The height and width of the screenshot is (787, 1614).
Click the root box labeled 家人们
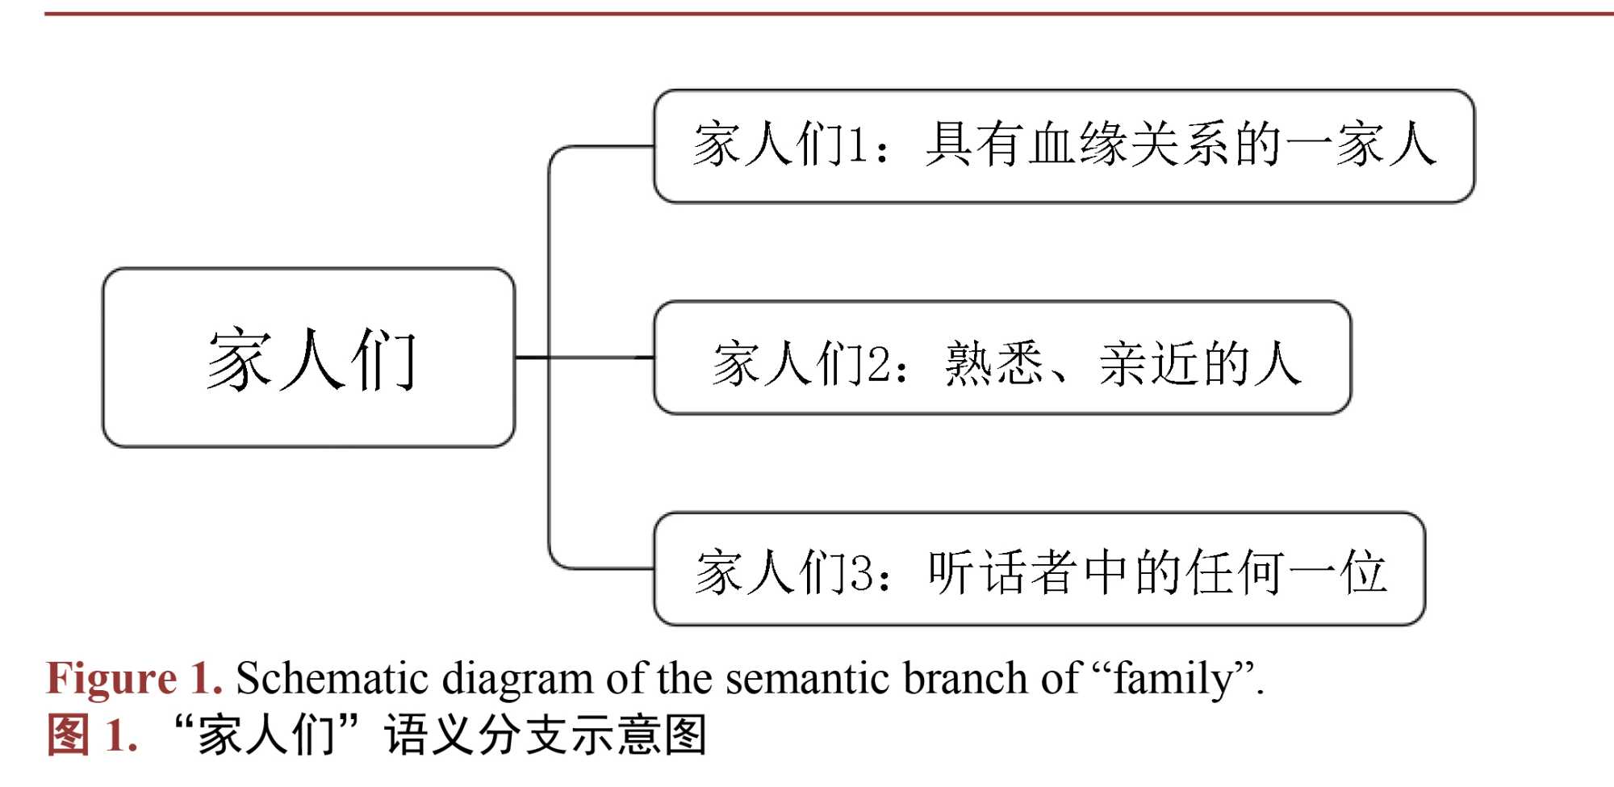click(x=308, y=358)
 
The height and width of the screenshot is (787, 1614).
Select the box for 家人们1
click(x=1064, y=146)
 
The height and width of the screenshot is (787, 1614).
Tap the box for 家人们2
click(x=1001, y=358)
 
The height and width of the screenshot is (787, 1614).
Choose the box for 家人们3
click(x=1039, y=569)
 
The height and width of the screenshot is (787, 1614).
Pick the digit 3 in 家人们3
click(x=860, y=572)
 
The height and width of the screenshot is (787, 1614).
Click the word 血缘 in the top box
click(x=1078, y=145)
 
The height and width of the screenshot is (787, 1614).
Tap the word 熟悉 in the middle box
click(x=994, y=363)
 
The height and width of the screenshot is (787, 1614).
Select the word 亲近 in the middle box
click(x=1149, y=363)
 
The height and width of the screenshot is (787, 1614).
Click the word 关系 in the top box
click(x=1180, y=145)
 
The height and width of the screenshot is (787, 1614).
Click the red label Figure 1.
click(x=134, y=678)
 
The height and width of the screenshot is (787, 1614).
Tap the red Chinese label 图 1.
click(x=92, y=735)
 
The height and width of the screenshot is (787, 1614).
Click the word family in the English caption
click(x=1173, y=679)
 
